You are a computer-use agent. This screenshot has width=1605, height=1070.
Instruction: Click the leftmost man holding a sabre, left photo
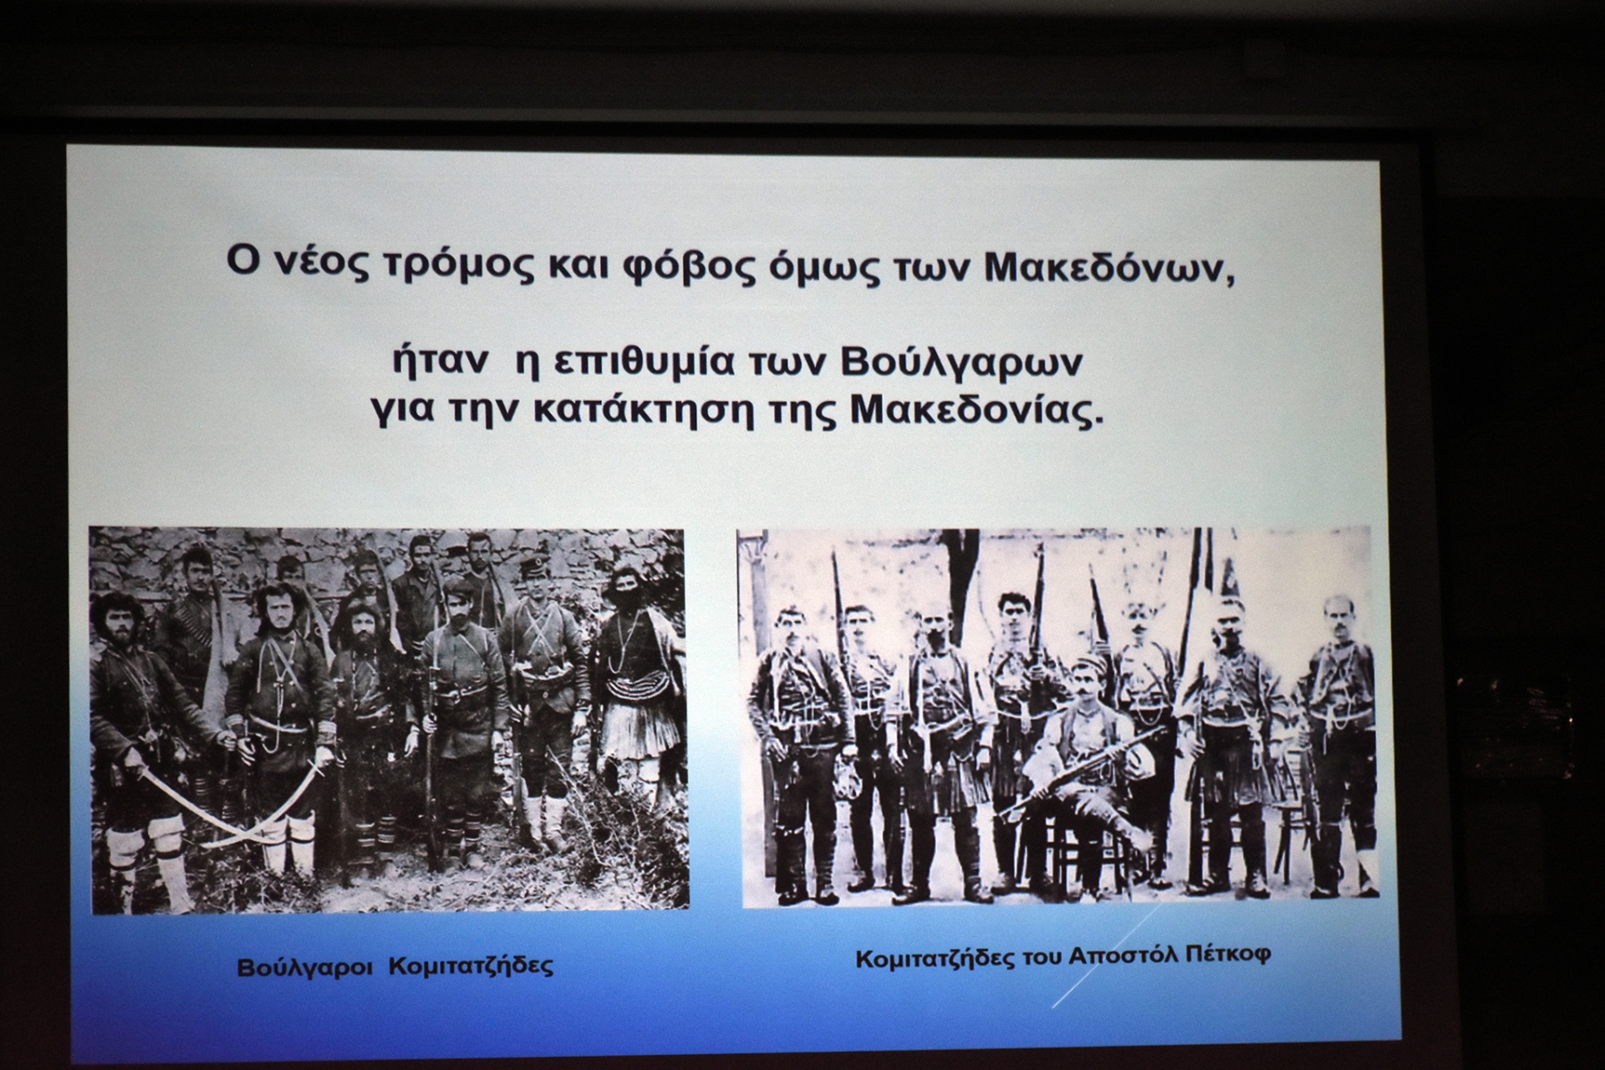tap(143, 745)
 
